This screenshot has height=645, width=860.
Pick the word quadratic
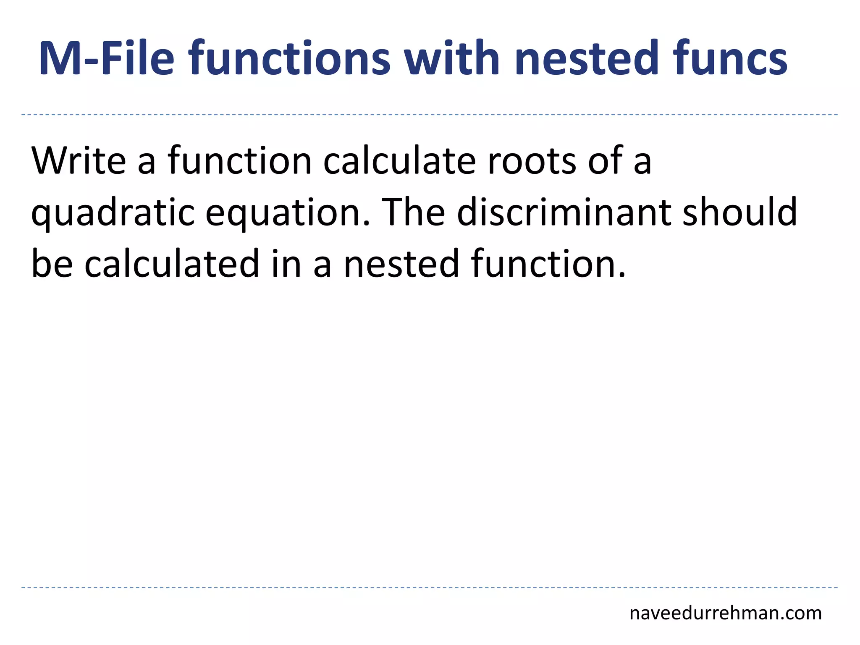click(113, 213)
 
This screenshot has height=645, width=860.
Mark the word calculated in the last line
click(172, 264)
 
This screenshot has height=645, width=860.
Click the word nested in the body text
click(401, 264)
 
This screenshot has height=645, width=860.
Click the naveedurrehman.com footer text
click(725, 613)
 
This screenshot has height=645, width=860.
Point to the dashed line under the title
click(430, 115)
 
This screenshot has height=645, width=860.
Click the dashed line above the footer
click(430, 587)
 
